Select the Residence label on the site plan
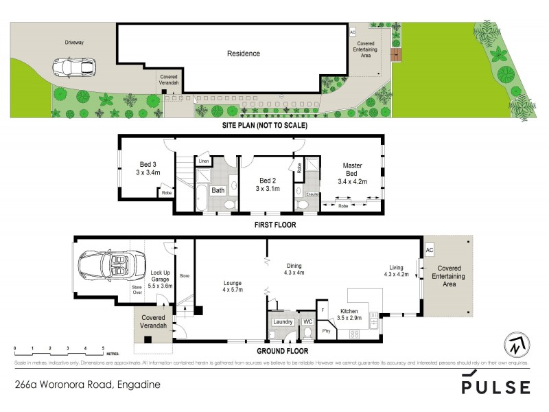pyautogui.click(x=244, y=54)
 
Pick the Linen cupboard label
pyautogui.click(x=204, y=161)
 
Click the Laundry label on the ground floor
pyautogui.click(x=283, y=321)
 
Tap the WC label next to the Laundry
pyautogui.click(x=308, y=321)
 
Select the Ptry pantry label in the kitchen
pyautogui.click(x=327, y=332)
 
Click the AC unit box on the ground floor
pyautogui.click(x=430, y=251)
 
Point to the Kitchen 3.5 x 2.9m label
pyautogui.click(x=351, y=314)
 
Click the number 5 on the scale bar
pyautogui.click(x=103, y=350)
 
